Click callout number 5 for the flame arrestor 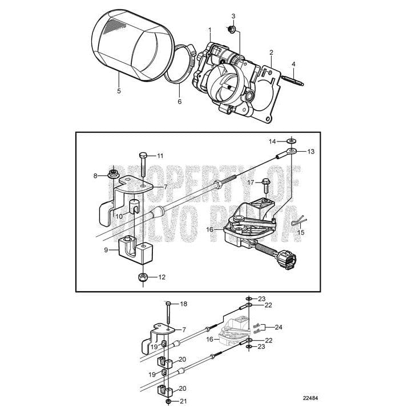pyautogui.click(x=119, y=90)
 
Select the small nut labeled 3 pyautogui.click(x=232, y=29)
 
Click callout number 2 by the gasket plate pyautogui.click(x=271, y=52)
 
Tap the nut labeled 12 pyautogui.click(x=143, y=278)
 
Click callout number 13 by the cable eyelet pyautogui.click(x=311, y=152)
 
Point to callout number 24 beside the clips pyautogui.click(x=278, y=327)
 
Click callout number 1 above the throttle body pyautogui.click(x=210, y=29)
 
